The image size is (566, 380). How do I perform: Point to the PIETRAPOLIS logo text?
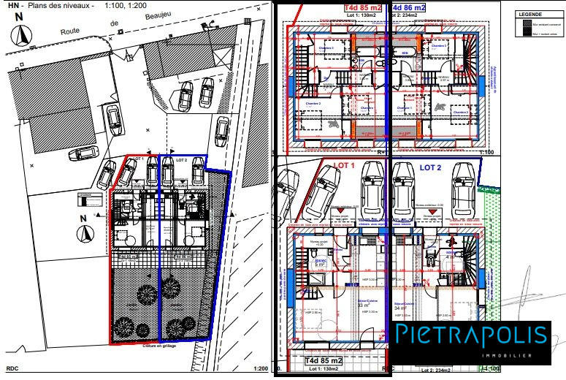(471, 336)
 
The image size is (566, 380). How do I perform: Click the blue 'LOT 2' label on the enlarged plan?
(431, 167)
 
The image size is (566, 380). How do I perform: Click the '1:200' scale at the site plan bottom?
(256, 370)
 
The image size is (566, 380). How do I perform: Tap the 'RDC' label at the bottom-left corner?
(12, 370)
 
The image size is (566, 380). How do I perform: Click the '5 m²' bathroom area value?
(320, 265)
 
